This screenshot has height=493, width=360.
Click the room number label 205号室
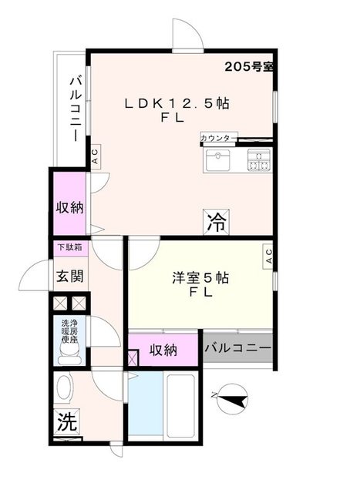coord(249,66)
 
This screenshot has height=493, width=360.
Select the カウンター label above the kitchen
coord(218,138)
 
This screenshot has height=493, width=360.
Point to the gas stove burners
coord(258,161)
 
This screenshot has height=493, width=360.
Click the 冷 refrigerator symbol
coord(215,222)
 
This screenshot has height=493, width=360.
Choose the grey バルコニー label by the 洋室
coord(237,349)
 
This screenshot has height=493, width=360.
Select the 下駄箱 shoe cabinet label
coord(70,247)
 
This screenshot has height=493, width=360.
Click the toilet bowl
coord(69,353)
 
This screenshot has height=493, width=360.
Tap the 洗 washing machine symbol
coord(66,422)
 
